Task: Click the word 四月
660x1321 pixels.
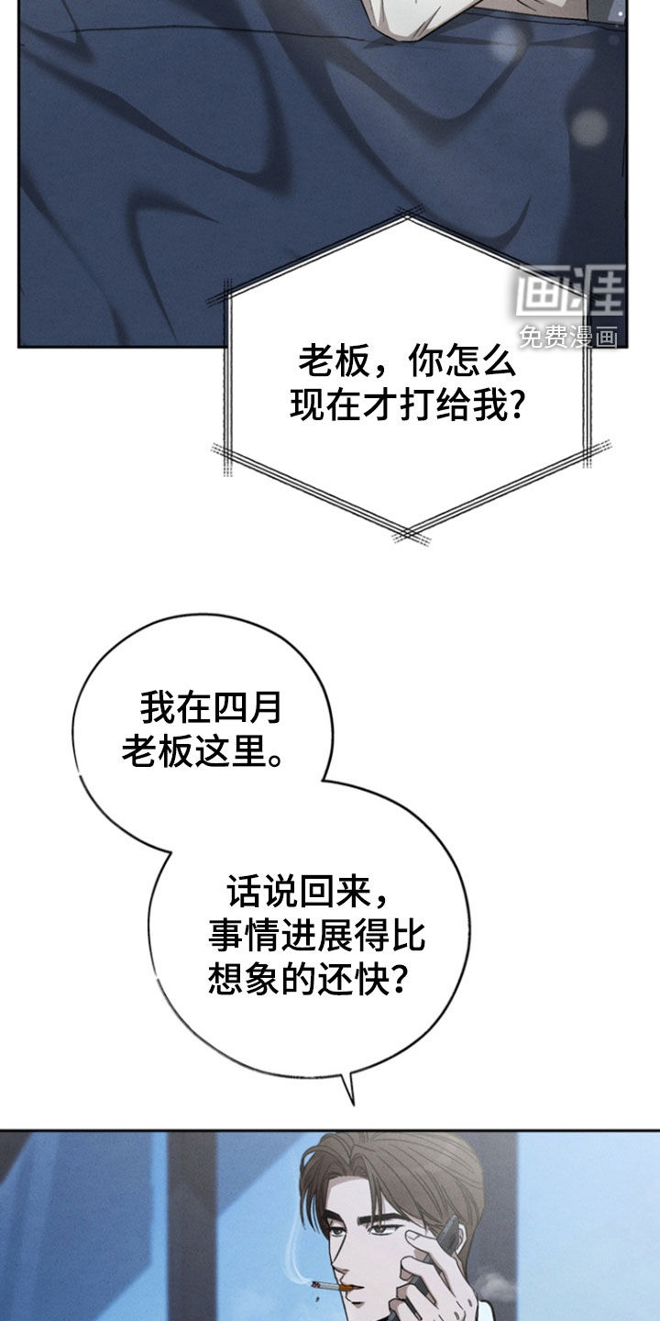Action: (x=246, y=707)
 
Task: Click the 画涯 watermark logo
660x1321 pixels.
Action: (x=570, y=291)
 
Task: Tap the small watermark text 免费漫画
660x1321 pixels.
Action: (x=568, y=337)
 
